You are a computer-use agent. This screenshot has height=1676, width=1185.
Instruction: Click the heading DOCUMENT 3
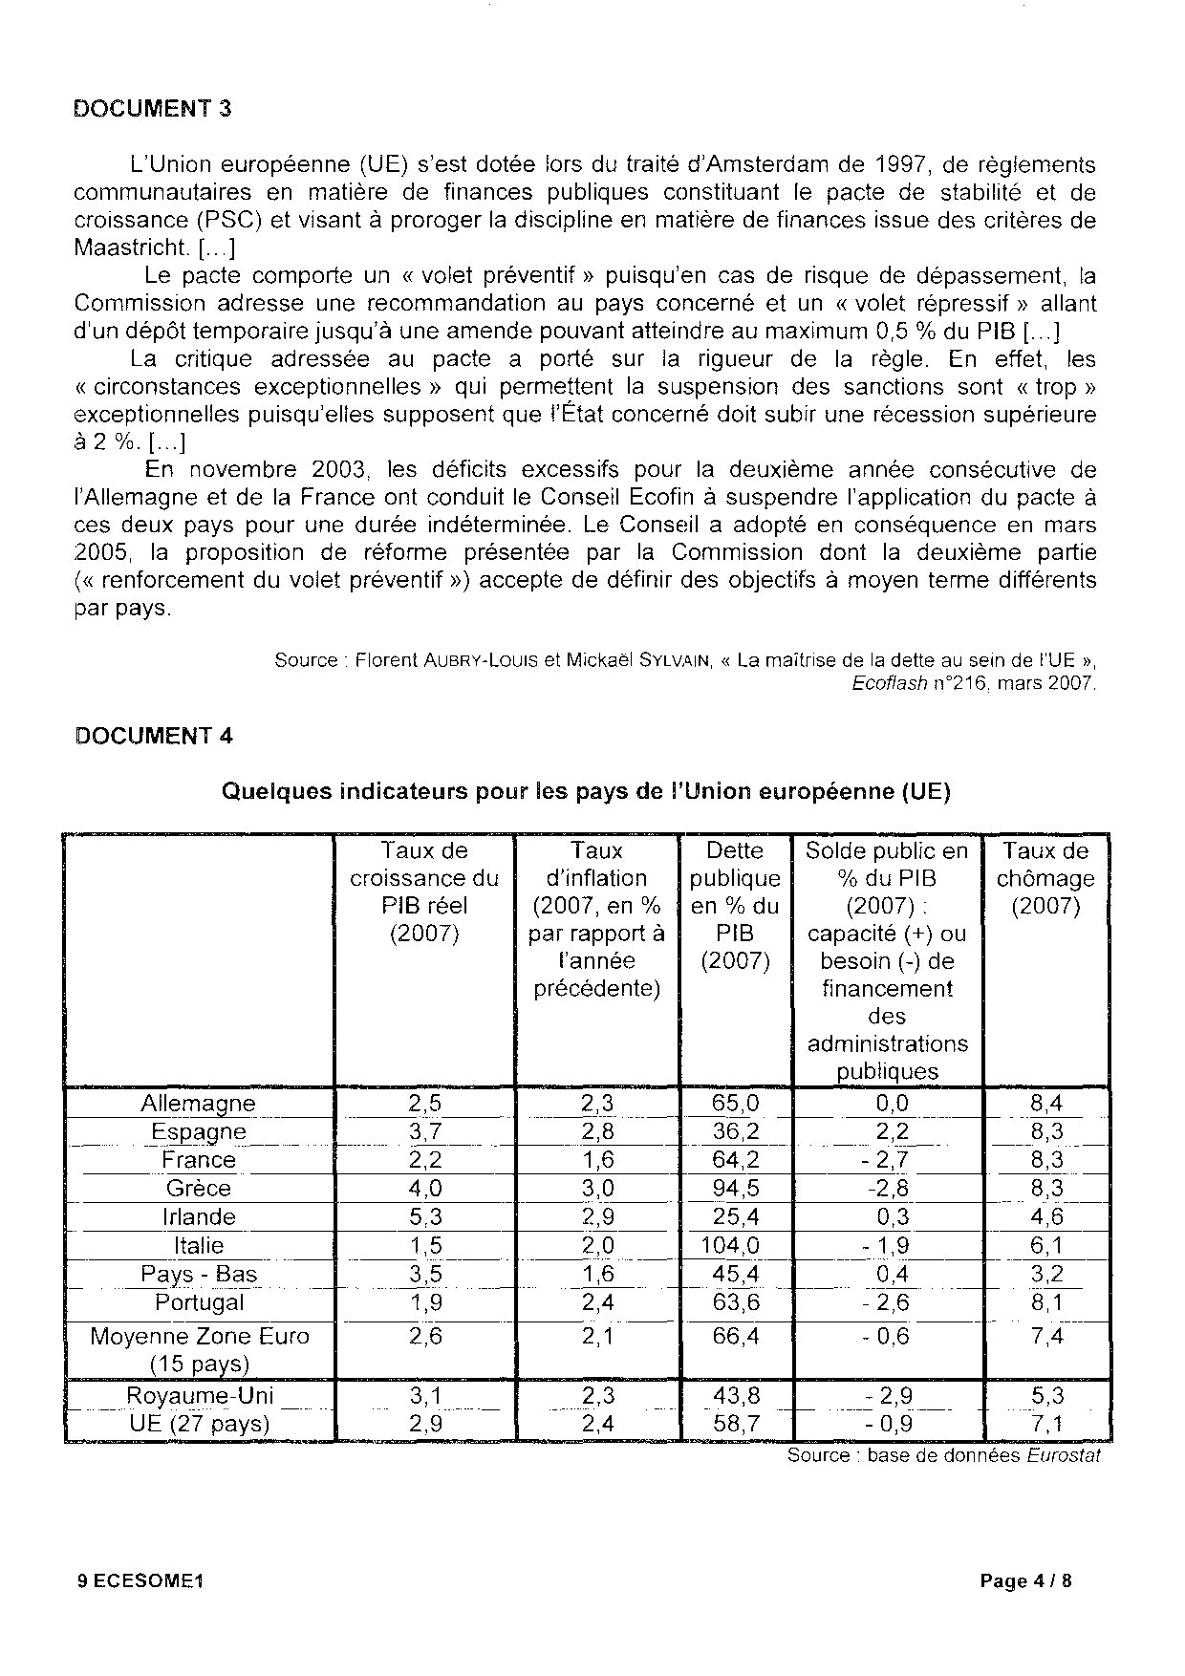click(153, 108)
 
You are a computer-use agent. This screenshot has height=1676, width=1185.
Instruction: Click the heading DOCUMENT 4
click(153, 736)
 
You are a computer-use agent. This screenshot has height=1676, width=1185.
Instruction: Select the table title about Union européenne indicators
click(586, 792)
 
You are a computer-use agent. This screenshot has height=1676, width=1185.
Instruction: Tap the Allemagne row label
click(199, 1104)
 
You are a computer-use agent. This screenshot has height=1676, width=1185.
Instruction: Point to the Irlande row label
click(199, 1217)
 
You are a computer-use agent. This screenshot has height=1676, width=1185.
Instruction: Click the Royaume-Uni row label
click(199, 1396)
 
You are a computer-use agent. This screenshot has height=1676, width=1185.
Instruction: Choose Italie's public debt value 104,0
click(735, 1246)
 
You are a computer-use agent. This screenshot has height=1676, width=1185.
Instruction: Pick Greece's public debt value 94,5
click(735, 1189)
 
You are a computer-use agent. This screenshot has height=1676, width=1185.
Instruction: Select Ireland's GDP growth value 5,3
click(424, 1217)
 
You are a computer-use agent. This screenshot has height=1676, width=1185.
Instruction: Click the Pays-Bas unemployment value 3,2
click(1045, 1275)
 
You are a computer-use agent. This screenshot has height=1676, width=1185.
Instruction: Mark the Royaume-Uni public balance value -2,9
click(888, 1396)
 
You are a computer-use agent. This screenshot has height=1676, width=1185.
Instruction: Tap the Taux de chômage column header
click(1045, 878)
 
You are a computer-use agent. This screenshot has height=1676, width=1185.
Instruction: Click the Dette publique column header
click(735, 905)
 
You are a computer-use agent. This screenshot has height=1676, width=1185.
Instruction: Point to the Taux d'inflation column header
click(596, 919)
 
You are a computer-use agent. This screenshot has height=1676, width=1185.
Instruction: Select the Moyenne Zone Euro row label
click(199, 1349)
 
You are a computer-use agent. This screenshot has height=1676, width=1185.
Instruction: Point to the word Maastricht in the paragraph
click(132, 248)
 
